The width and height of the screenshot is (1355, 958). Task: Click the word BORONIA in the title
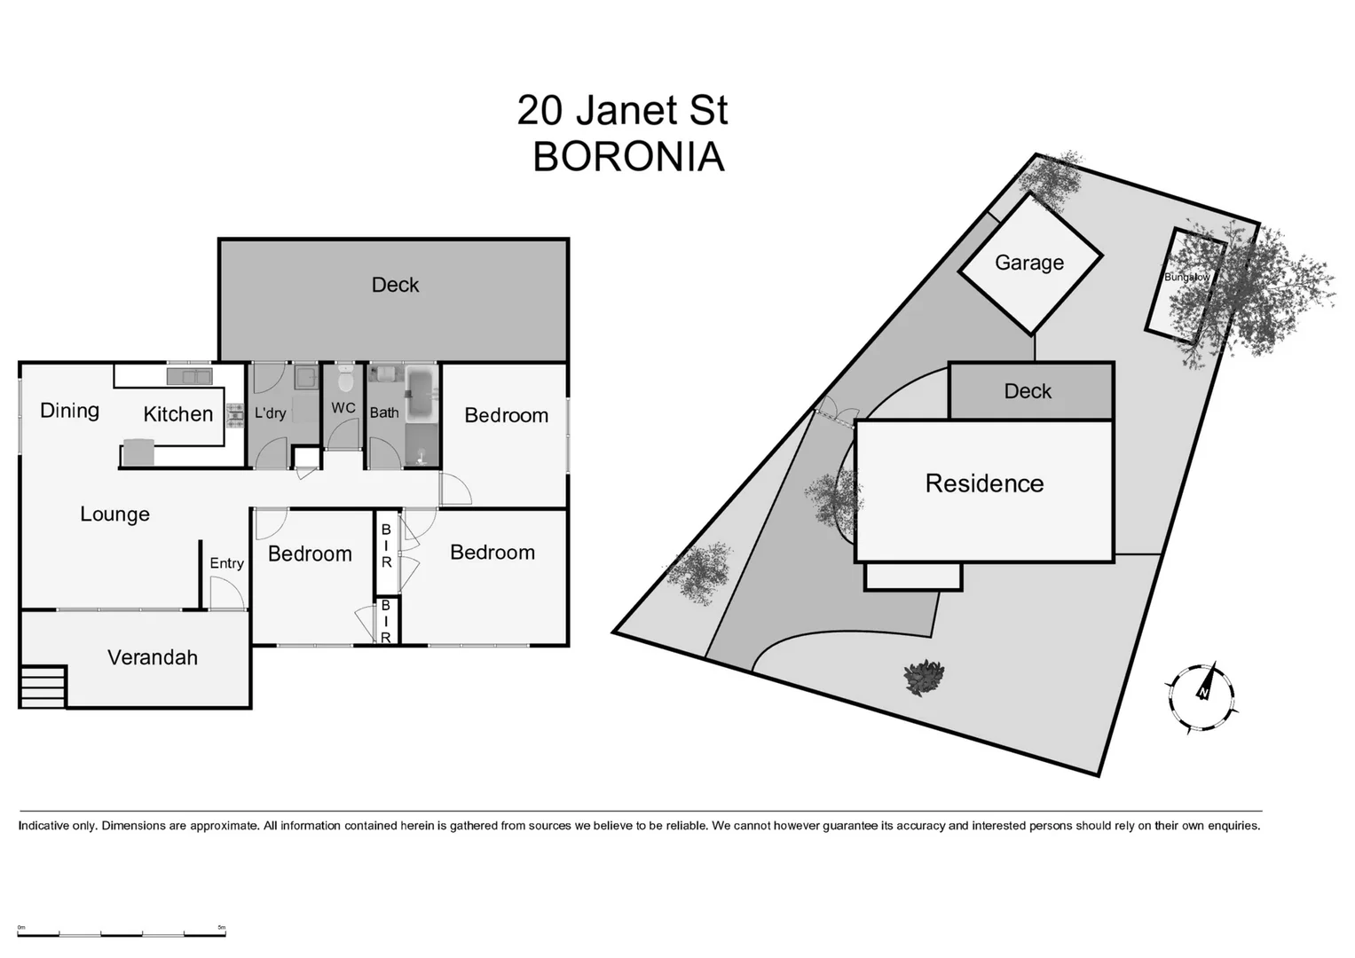[628, 157]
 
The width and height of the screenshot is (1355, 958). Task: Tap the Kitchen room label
[177, 414]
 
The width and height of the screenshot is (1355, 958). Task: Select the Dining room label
[69, 411]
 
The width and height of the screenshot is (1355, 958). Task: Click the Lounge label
[114, 514]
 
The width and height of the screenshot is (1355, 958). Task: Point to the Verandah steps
[43, 687]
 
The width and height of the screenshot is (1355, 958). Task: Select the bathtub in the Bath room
[420, 386]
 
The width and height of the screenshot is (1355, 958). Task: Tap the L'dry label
[270, 413]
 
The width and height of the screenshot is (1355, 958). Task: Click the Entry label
[226, 563]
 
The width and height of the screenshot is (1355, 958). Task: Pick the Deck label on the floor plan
[395, 285]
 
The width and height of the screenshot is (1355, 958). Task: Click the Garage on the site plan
[1029, 263]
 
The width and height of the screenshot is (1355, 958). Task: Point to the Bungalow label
[1186, 278]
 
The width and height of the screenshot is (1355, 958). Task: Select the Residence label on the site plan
[984, 483]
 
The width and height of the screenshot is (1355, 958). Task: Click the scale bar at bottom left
[122, 932]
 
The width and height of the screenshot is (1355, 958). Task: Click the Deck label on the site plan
[1028, 391]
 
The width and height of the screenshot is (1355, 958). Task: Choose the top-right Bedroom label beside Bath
[506, 415]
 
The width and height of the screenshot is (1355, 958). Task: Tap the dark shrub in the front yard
[924, 678]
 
